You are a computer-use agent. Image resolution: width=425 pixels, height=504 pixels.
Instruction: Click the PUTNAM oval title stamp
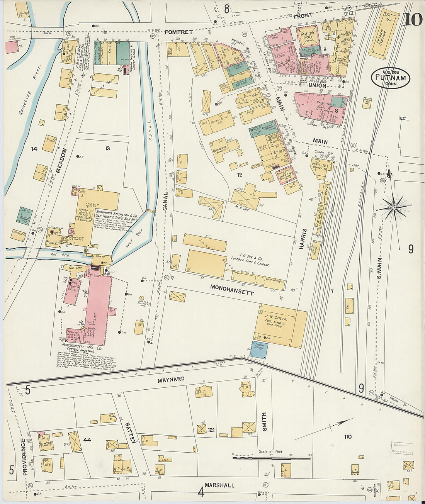[x=391, y=78]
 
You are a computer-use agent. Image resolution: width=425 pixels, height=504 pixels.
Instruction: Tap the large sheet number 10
[x=412, y=19]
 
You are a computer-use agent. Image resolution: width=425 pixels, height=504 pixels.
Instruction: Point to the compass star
[x=394, y=208]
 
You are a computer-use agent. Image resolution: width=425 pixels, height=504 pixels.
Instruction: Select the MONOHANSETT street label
[x=232, y=290]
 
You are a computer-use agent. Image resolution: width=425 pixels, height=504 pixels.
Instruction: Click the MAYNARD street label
[x=171, y=380]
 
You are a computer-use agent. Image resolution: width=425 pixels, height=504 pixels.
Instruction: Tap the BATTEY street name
[x=130, y=433]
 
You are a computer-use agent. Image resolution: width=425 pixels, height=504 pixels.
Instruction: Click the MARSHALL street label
[x=219, y=485]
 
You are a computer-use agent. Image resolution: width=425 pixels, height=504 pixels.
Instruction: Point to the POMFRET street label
[x=178, y=32]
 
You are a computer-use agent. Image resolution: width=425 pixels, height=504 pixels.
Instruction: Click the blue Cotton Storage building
[x=259, y=347]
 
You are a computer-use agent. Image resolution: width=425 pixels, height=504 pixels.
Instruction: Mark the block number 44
[x=87, y=440]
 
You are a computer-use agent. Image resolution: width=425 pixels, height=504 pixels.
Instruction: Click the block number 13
[x=107, y=148]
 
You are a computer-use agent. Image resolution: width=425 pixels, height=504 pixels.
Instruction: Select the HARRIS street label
[x=303, y=238]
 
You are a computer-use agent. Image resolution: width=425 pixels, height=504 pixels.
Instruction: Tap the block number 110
[x=348, y=437]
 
